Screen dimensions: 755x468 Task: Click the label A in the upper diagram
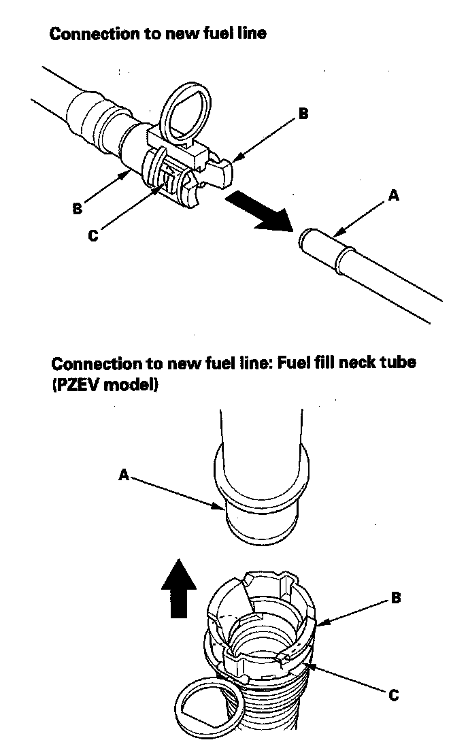[392, 196]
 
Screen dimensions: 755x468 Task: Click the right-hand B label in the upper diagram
[303, 114]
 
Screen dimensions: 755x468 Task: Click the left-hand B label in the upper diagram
[78, 209]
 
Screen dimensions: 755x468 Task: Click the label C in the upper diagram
[93, 235]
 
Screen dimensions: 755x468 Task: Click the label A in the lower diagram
[124, 476]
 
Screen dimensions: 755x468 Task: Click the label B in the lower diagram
[395, 598]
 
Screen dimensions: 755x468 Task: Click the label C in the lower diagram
[393, 695]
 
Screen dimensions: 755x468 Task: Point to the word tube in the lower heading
[396, 363]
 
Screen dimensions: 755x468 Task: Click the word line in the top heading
[251, 33]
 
